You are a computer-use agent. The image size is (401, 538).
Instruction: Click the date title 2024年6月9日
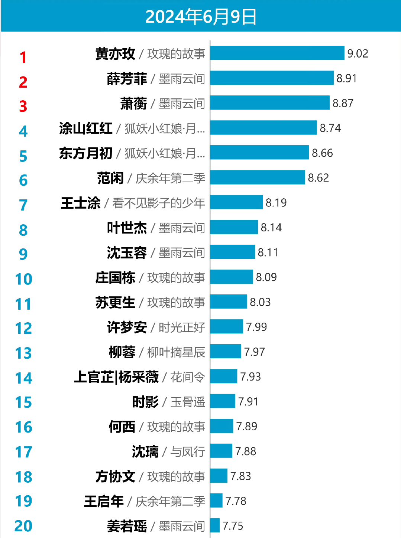(201, 17)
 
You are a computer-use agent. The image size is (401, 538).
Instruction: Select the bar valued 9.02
(277, 53)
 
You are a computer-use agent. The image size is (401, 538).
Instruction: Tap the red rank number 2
(23, 82)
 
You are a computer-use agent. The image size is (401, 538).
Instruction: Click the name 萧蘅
(133, 104)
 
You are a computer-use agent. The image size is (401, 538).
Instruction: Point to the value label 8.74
(330, 128)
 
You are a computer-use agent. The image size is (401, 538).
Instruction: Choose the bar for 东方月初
(259, 153)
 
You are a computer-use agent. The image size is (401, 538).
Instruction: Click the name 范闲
(110, 178)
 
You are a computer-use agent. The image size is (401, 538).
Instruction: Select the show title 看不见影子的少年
(159, 203)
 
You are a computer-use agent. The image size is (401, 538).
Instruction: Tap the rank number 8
(23, 230)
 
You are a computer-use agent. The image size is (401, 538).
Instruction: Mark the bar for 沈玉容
(233, 252)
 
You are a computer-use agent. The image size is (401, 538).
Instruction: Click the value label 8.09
(266, 277)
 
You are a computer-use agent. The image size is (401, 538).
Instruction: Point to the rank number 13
(23, 353)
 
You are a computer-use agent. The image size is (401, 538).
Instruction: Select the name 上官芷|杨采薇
(116, 377)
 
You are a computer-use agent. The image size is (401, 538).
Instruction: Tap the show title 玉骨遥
(188, 402)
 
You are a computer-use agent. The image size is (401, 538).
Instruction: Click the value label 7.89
(246, 427)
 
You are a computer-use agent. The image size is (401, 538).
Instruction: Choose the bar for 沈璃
(221, 451)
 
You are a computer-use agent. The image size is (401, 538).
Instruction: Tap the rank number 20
(23, 526)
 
